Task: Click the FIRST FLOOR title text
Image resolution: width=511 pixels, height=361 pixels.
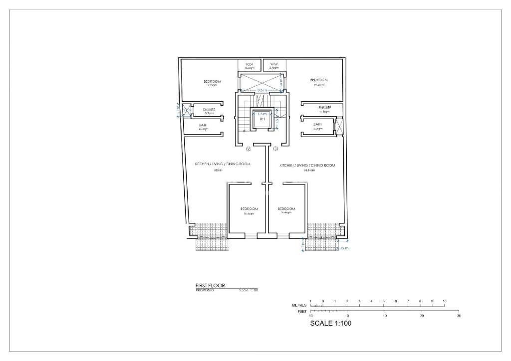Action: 210,286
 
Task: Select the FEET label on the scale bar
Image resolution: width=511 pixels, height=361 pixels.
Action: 301,311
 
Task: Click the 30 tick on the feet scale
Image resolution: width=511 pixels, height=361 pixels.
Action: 459,316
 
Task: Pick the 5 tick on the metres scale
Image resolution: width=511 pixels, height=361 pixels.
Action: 384,301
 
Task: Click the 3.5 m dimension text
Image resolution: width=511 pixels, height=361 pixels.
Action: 261,90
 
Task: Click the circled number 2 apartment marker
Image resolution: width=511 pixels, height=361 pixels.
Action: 249,149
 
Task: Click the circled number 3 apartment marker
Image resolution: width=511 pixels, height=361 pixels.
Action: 275,149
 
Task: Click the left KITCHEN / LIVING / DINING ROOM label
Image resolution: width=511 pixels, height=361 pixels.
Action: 223,164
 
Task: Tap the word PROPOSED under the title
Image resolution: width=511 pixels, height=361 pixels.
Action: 205,290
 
